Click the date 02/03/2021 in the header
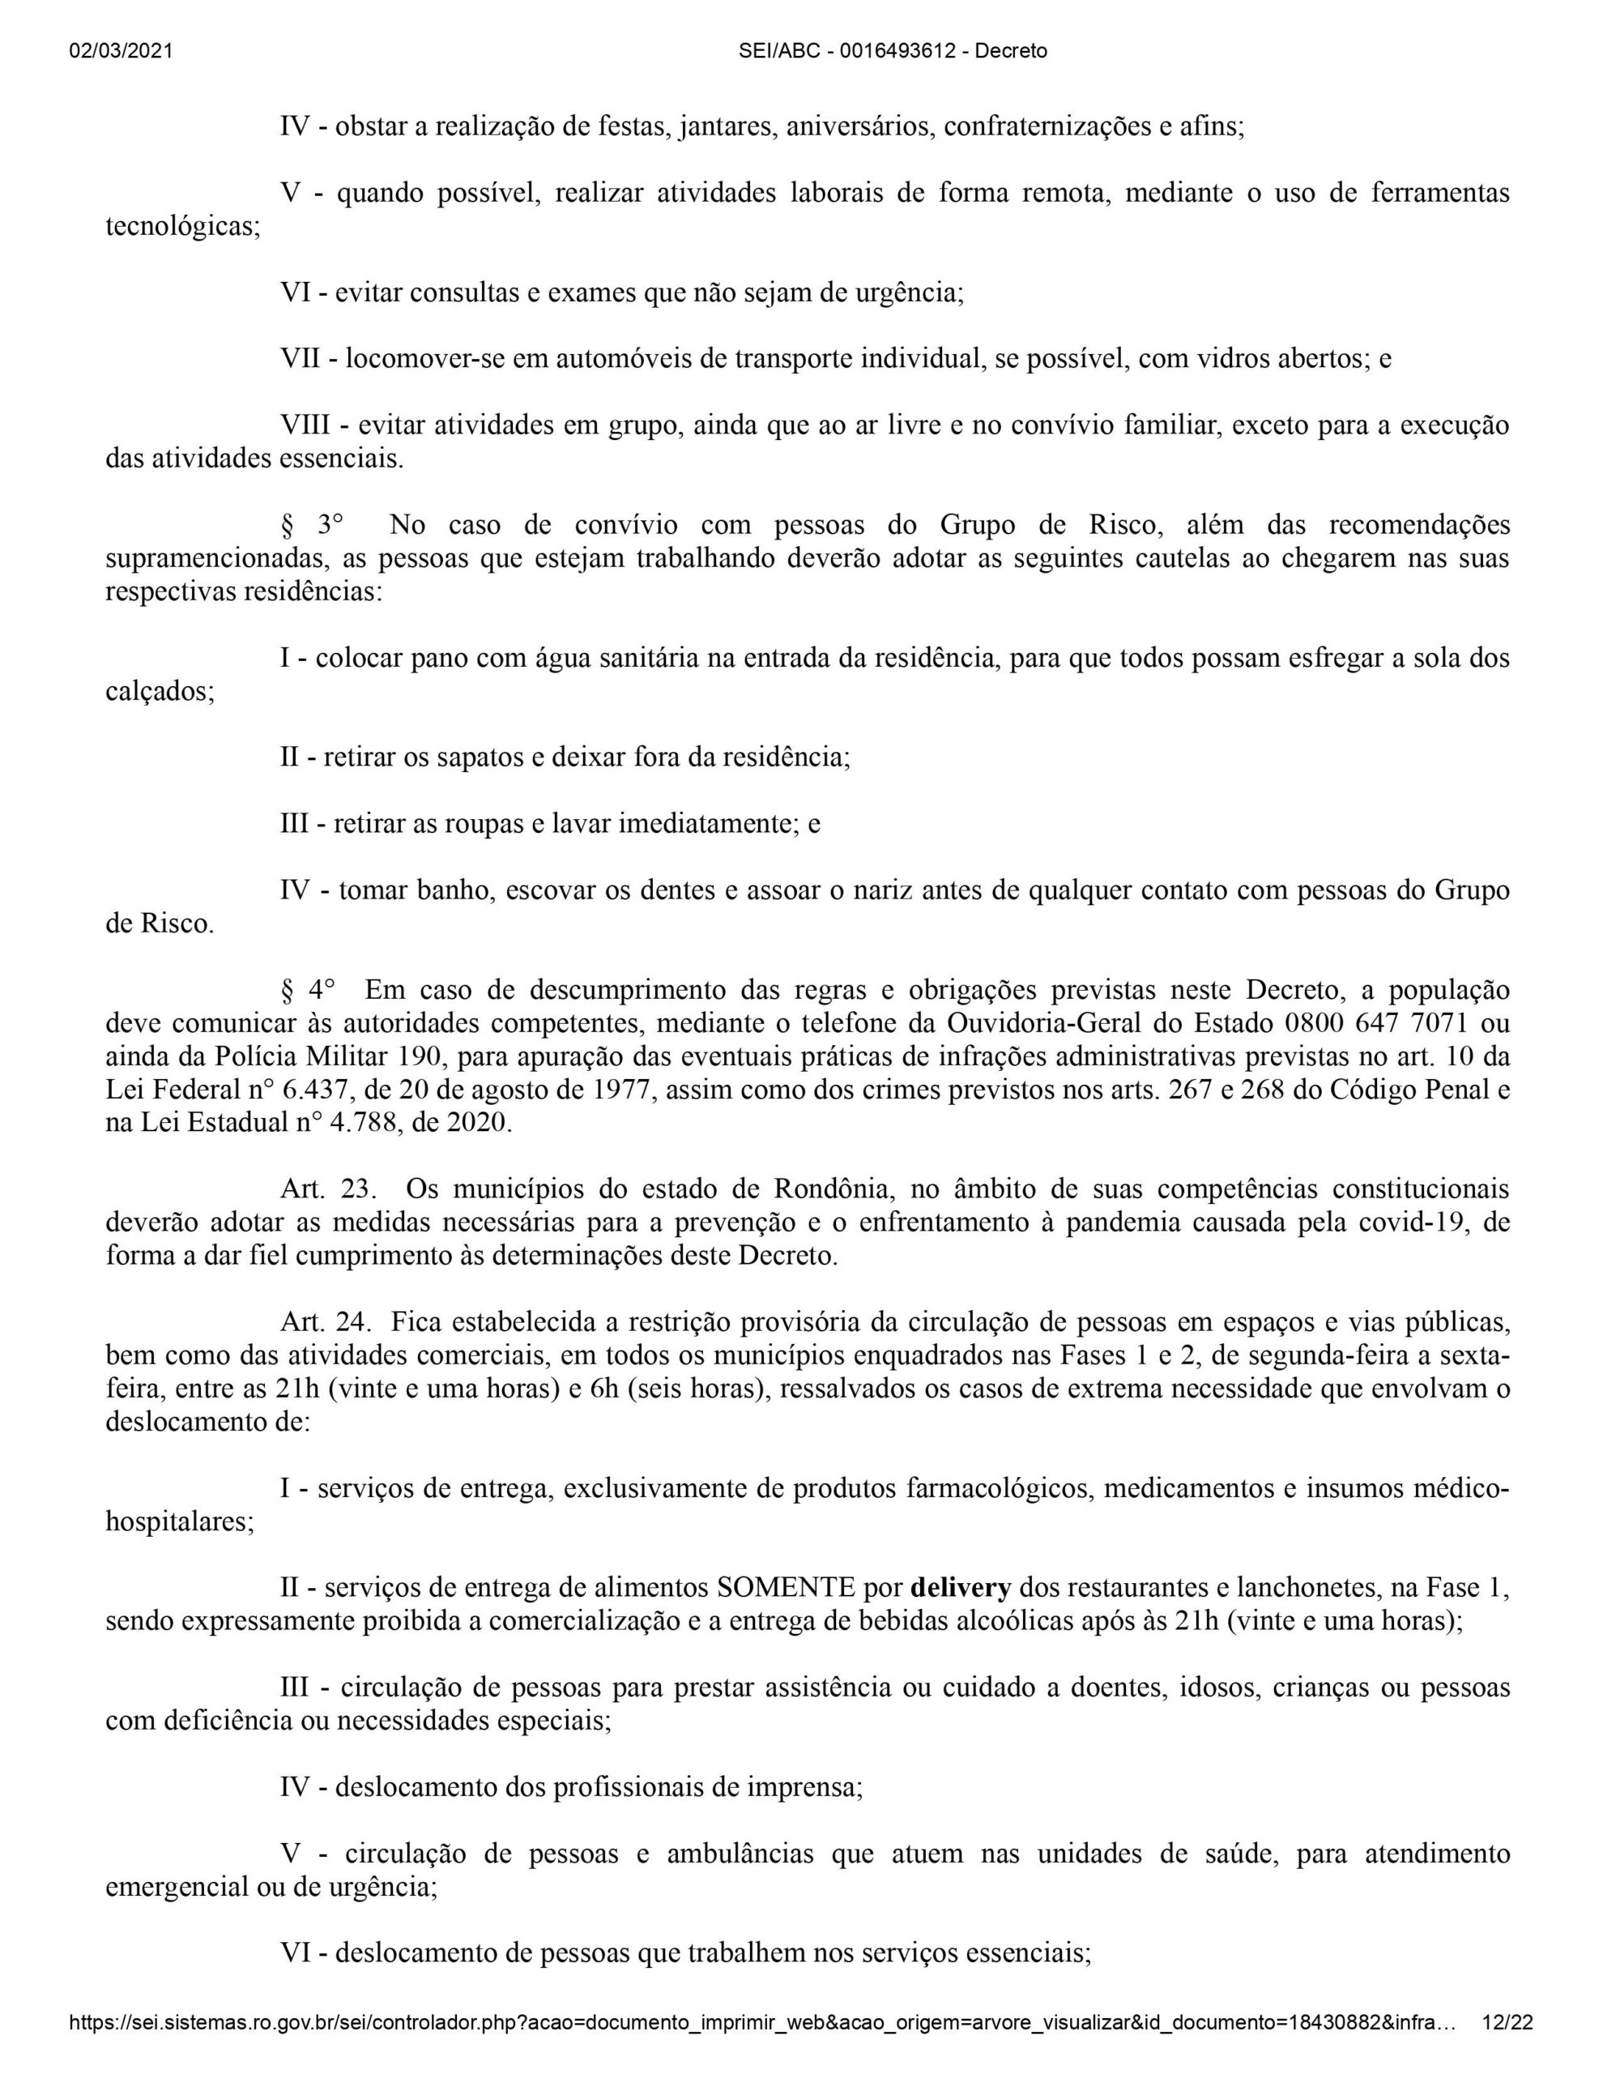pyautogui.click(x=121, y=51)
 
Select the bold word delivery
pyautogui.click(x=960, y=1587)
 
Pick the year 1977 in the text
pyautogui.click(x=622, y=1090)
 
